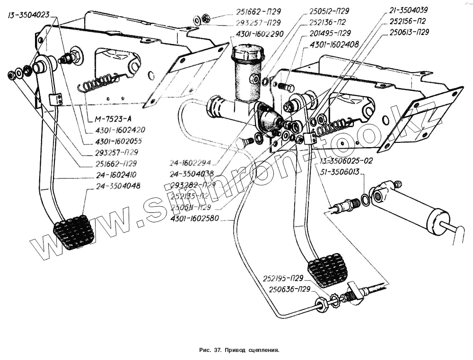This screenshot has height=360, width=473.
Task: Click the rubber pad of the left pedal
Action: pyautogui.click(x=74, y=232)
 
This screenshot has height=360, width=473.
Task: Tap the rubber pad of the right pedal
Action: pyautogui.click(x=327, y=270)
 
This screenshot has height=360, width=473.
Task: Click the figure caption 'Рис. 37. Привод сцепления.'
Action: pyautogui.click(x=239, y=351)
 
